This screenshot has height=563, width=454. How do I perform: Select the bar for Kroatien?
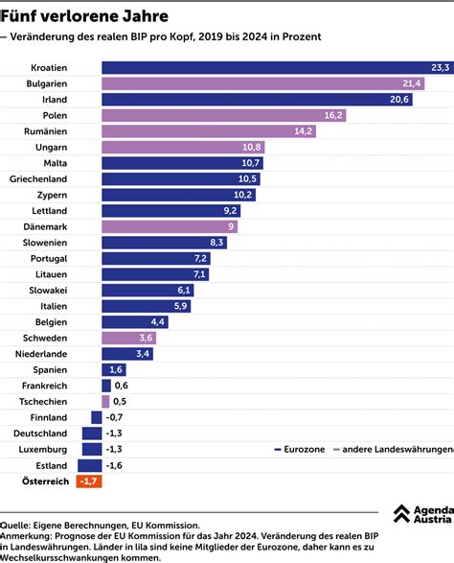tap(277, 67)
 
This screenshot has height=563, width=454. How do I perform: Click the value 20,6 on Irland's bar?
tap(399, 100)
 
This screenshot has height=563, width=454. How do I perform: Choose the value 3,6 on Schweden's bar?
tap(146, 338)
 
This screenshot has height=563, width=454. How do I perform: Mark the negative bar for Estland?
tap(91, 464)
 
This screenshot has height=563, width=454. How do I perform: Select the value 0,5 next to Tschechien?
tap(120, 401)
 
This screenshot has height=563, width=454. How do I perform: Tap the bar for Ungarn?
tap(182, 147)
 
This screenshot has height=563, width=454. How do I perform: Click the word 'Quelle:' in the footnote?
tap(15, 525)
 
